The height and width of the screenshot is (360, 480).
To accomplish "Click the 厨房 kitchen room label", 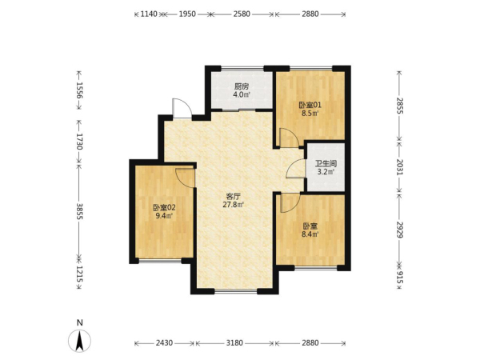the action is (x=242, y=86).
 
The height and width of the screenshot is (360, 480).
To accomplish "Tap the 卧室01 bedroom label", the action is (x=310, y=106).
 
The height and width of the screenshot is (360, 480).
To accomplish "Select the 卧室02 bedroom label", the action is (x=164, y=207).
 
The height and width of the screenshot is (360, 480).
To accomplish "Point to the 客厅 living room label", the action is (x=233, y=196).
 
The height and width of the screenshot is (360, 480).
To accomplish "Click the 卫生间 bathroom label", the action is (x=326, y=163).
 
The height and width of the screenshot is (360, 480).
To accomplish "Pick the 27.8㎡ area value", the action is (x=233, y=205).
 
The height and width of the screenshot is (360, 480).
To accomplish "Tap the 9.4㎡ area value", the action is (x=164, y=216).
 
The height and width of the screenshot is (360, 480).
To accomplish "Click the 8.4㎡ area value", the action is (x=310, y=234).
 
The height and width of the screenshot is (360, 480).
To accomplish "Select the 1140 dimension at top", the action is (x=149, y=14).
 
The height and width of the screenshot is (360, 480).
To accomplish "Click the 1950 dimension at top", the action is (x=187, y=14).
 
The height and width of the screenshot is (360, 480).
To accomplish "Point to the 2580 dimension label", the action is (x=242, y=14).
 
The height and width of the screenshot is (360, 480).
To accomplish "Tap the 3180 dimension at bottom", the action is (x=234, y=343).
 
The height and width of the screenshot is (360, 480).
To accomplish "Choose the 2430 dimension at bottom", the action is (x=164, y=343).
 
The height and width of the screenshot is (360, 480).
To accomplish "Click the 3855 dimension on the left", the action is (x=79, y=211).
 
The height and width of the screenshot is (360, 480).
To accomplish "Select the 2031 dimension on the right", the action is (x=399, y=167).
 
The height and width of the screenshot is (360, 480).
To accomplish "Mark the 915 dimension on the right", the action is (x=399, y=278).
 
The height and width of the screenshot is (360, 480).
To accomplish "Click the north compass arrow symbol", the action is (x=79, y=341).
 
